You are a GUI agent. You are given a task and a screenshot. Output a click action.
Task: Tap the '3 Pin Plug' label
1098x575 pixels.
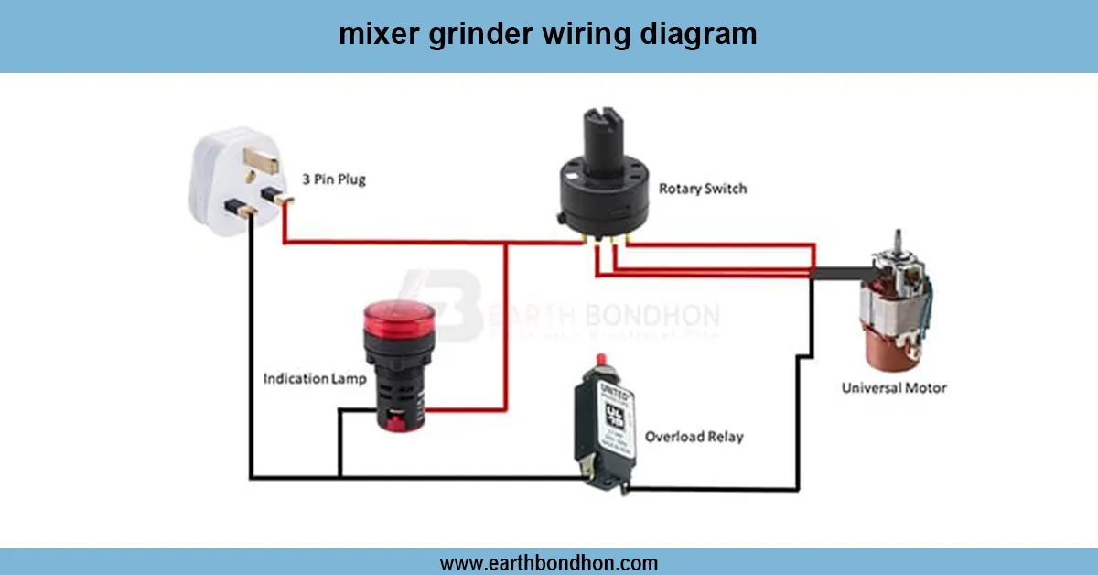[334, 179]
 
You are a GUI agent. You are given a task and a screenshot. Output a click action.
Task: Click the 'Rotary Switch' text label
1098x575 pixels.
[703, 189]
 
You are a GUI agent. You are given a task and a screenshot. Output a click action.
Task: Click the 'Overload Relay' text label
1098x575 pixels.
[694, 437]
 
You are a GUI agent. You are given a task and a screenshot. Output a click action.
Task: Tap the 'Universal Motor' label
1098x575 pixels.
[894, 387]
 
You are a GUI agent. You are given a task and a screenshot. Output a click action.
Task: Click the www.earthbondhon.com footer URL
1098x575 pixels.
[549, 562]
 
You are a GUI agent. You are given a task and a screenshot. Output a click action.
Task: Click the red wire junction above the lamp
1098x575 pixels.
[505, 243]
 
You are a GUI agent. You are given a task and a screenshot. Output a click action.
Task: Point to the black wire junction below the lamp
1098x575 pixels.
[339, 477]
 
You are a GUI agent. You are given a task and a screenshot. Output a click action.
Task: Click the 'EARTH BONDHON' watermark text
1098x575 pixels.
[604, 316]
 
